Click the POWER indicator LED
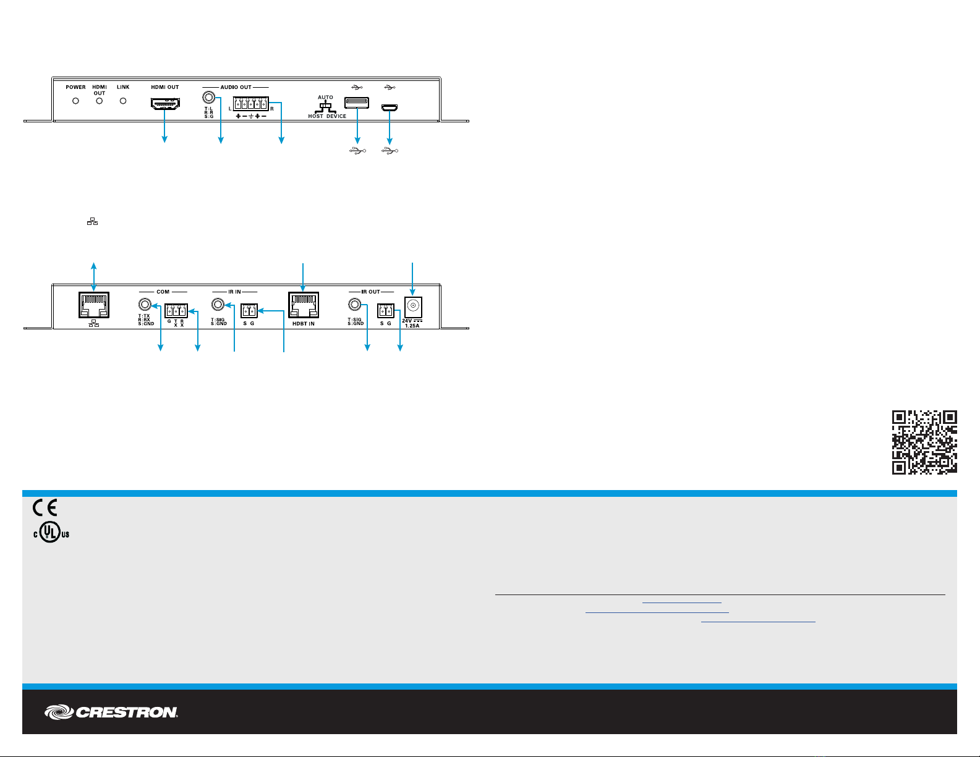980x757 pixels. [x=75, y=101]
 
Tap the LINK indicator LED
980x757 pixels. [x=123, y=101]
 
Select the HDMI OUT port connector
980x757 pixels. [x=165, y=104]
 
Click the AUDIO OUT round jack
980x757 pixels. [x=209, y=98]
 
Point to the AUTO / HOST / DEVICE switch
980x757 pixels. [x=325, y=106]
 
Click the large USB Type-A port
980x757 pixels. [x=357, y=103]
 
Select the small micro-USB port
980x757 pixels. [x=390, y=108]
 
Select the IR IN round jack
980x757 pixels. [x=218, y=305]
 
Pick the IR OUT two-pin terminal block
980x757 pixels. [x=385, y=311]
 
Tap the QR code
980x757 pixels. [x=924, y=442]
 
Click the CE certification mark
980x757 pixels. [x=45, y=509]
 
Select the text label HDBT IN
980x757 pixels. [x=303, y=324]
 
